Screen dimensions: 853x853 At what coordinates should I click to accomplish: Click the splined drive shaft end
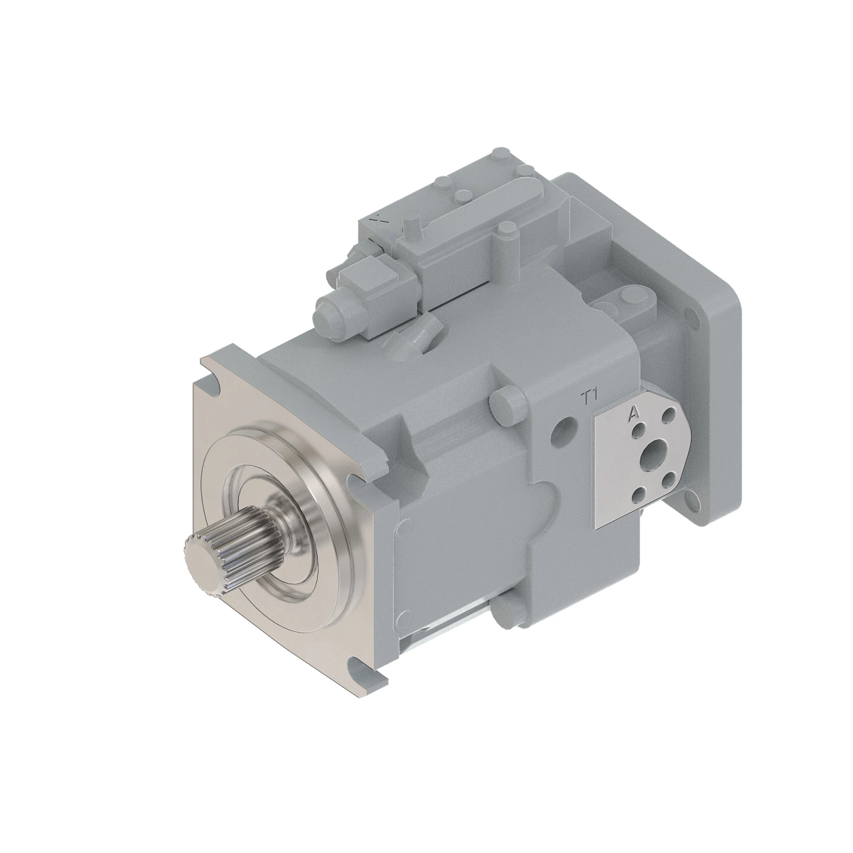[206, 562]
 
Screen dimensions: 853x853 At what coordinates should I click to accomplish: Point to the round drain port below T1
[567, 429]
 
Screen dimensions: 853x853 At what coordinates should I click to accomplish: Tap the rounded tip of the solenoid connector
[325, 311]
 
